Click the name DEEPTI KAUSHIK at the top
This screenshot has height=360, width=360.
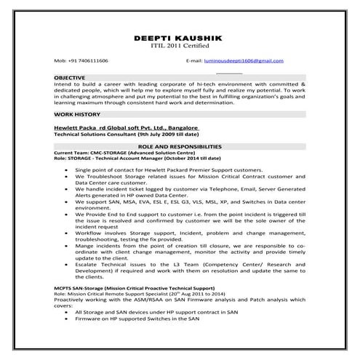[x=180, y=37]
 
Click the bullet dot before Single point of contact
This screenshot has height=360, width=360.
[x=65, y=169]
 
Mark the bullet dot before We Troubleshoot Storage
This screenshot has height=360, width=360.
[x=65, y=177]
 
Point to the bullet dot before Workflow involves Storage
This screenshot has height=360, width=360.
[x=65, y=233]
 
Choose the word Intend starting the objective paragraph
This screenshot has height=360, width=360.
[x=63, y=84]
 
